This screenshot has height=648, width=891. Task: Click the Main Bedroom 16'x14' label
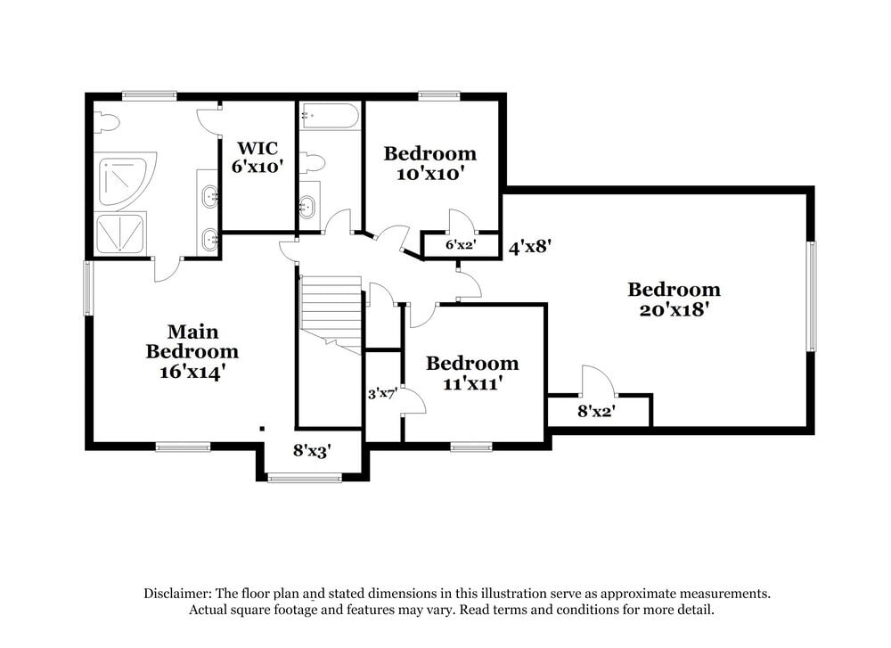(192, 352)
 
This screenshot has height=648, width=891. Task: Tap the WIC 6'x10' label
(257, 157)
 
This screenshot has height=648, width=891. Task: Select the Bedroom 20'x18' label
(674, 299)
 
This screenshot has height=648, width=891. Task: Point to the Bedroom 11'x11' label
(471, 373)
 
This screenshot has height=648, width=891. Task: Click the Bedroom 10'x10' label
(429, 163)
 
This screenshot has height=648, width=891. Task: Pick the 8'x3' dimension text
(312, 452)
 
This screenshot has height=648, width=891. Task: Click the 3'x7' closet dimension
(383, 392)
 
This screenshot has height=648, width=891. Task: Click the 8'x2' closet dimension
(598, 412)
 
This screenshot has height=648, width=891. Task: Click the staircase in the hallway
(331, 312)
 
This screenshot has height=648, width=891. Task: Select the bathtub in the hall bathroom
(330, 117)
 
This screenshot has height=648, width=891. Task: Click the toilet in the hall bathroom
(313, 163)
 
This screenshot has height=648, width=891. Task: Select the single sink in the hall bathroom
(307, 204)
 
